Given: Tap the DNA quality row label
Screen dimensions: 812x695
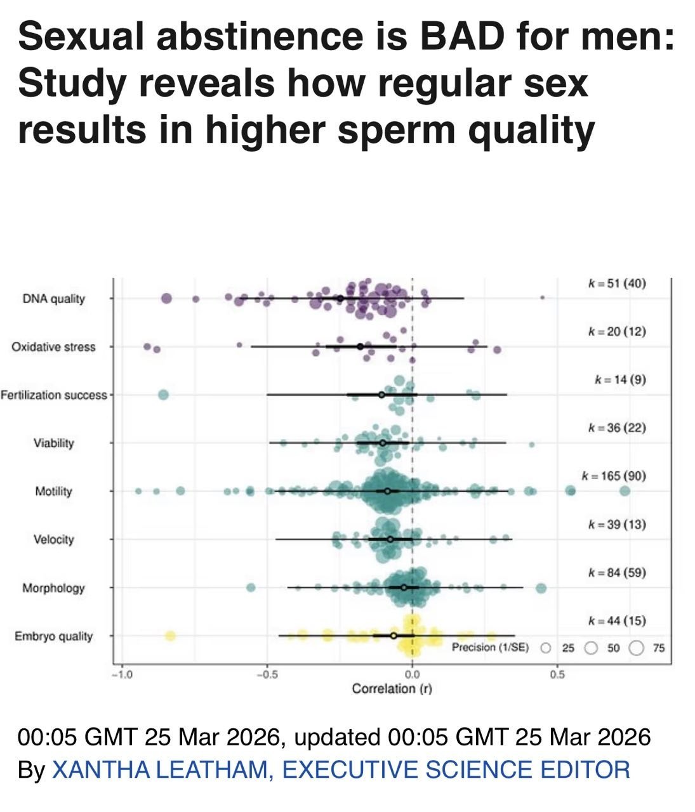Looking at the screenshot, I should [54, 299].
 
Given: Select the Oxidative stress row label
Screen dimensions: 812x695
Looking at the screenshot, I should [53, 347].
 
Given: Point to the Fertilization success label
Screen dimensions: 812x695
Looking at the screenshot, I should [54, 395].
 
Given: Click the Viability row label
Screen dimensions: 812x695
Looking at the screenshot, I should [54, 443].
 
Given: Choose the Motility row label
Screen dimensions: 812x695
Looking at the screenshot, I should [54, 491].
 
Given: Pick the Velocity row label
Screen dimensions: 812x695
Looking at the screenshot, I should [54, 539].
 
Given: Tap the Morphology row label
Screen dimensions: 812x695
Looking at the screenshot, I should [54, 588].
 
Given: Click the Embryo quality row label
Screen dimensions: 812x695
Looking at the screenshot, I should [54, 636].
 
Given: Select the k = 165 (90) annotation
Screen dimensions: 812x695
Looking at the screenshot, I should [614, 476].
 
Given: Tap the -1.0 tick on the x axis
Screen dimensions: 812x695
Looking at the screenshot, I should [120, 674].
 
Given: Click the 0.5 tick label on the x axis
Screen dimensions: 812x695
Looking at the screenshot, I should [557, 674].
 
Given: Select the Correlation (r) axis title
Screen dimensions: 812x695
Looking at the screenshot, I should [392, 689].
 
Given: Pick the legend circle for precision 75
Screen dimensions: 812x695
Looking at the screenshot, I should [637, 648].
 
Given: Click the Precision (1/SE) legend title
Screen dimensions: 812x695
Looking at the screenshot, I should [490, 648].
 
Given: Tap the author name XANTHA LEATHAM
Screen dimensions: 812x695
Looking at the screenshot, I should [159, 769].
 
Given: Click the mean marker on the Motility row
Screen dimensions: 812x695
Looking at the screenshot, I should [387, 491].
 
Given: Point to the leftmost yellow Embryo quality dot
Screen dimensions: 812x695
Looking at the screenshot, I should [170, 636].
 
